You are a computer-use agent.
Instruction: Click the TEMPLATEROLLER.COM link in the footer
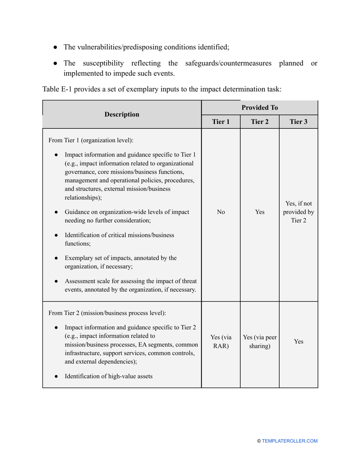[x=290, y=441]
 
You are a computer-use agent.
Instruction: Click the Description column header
[x=122, y=114]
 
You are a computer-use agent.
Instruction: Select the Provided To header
[x=260, y=108]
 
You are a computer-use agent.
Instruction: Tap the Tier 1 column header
[x=221, y=122]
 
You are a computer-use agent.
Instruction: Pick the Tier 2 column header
[x=260, y=122]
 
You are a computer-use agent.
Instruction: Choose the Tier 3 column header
[x=298, y=122]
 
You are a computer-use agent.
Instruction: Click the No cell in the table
[x=221, y=212]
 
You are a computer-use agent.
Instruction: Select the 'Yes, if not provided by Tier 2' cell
[x=298, y=212]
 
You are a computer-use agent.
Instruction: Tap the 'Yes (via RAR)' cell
[x=221, y=341]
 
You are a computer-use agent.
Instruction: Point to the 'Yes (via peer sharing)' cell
[x=260, y=341]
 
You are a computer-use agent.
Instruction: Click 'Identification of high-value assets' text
[x=108, y=376]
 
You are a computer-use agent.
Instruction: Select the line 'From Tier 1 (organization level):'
[x=91, y=140]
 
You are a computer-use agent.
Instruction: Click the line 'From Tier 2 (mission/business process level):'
[x=107, y=313]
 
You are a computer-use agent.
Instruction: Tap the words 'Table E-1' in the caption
[x=56, y=89]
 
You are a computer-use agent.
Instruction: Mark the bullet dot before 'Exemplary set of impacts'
[x=56, y=258]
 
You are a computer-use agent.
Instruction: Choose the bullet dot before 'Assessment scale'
[x=56, y=281]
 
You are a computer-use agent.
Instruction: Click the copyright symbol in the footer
[x=259, y=441]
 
